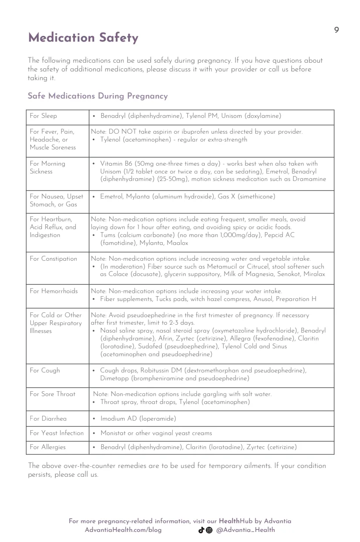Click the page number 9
[336, 30]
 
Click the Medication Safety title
[83, 39]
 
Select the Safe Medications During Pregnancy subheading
[97, 96]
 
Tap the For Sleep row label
[43, 116]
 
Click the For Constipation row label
[53, 259]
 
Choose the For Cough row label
[45, 370]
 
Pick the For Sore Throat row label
[53, 394]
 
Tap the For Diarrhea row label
[48, 418]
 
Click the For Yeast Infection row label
[57, 433]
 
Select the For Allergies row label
[48, 447]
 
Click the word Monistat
[113, 433]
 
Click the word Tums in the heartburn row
[108, 235]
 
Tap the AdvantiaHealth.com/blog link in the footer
[123, 530]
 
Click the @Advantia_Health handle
[246, 530]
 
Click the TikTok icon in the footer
[202, 530]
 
